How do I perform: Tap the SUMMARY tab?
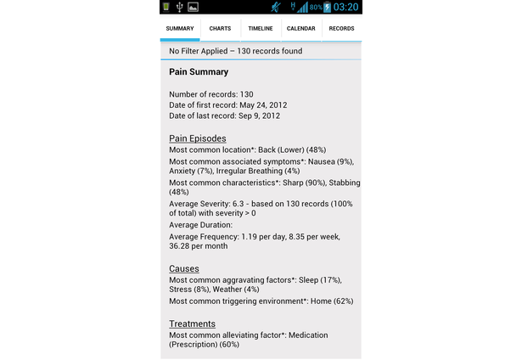[180, 29]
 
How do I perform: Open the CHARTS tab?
[220, 29]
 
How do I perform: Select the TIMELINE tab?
[261, 29]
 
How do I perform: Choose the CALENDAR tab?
[301, 29]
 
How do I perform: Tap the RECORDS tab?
[341, 29]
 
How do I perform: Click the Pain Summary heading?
[199, 72]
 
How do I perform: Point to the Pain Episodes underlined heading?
[198, 138]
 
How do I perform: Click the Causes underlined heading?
[184, 269]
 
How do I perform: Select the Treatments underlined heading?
[192, 324]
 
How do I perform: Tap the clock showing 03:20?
[346, 8]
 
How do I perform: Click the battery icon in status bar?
[328, 8]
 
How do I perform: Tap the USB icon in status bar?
[180, 8]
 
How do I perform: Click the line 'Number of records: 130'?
[211, 93]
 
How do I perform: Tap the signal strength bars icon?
[303, 8]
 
